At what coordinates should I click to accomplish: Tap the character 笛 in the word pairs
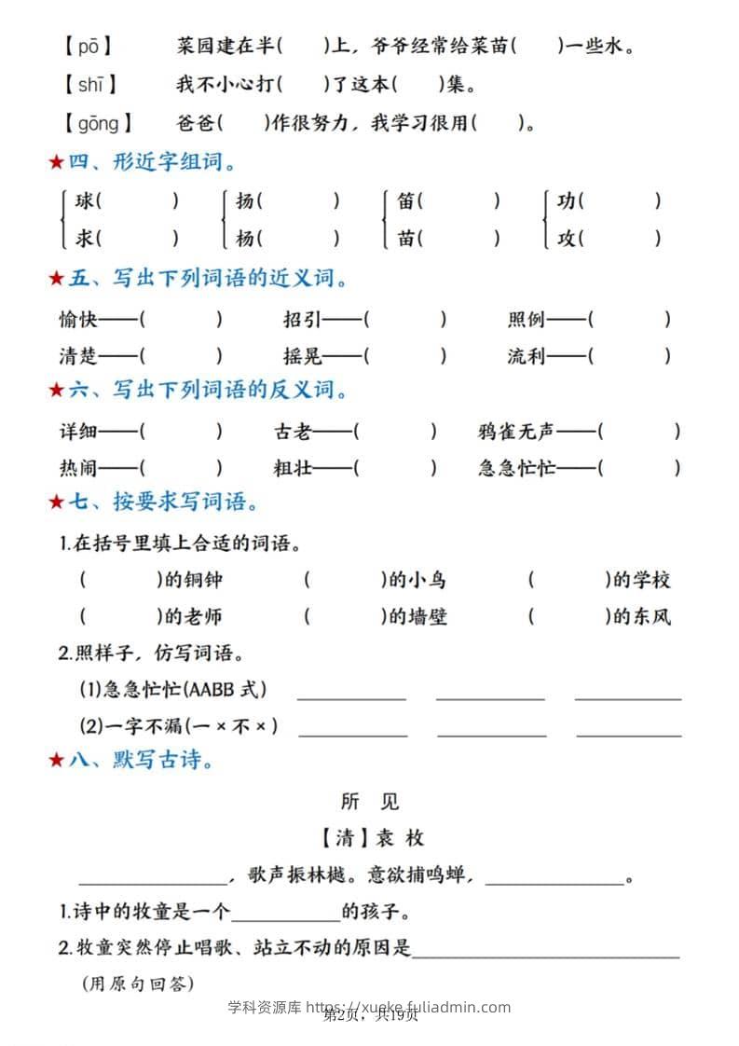405,200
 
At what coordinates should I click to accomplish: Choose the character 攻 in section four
566,239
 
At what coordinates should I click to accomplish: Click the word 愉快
78,320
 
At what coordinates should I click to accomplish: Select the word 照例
527,320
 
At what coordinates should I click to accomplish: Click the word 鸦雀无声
515,432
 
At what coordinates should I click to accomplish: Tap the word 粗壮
293,468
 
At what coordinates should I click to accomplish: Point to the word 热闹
78,468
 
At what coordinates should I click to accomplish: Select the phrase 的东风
642,616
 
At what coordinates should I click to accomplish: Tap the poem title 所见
370,801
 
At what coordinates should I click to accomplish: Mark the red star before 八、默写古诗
56,761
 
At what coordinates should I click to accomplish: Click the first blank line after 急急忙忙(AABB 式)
351,695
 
